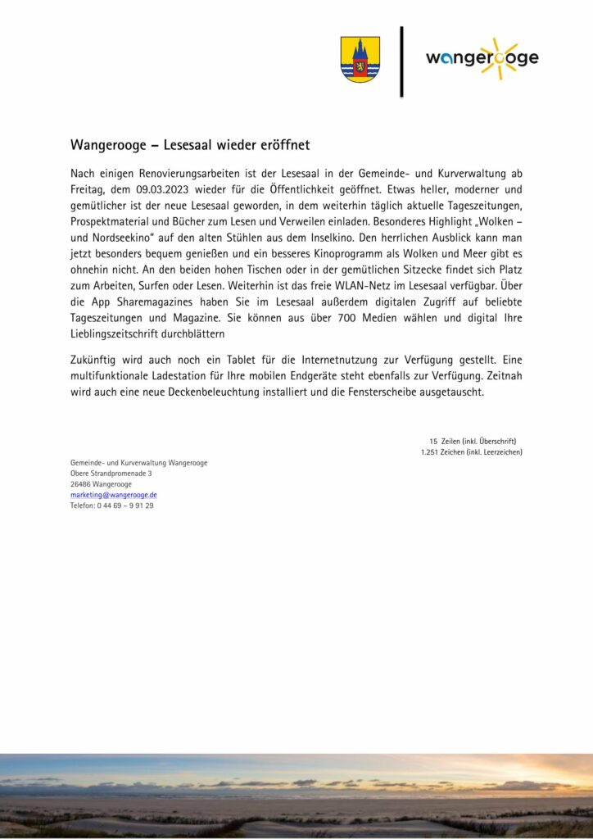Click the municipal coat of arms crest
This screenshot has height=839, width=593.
coord(360,59)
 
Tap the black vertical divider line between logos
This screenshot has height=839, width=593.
coord(401,61)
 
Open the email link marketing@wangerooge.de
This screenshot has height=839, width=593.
coord(114,495)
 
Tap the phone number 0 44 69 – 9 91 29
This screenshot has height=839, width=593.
coord(124,506)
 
